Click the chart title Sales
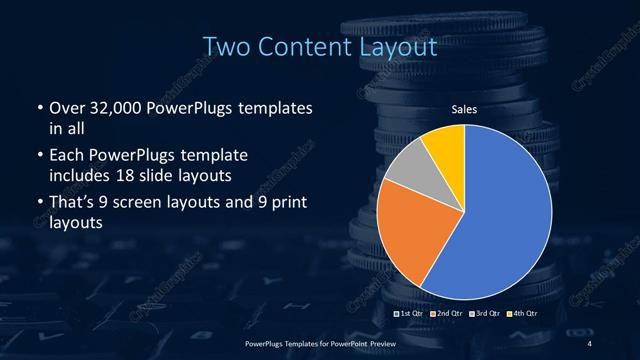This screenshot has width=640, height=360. click(464, 110)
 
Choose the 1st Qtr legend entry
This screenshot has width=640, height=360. click(411, 315)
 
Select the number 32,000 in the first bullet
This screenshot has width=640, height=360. click(111, 107)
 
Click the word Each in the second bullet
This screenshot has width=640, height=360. click(66, 156)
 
